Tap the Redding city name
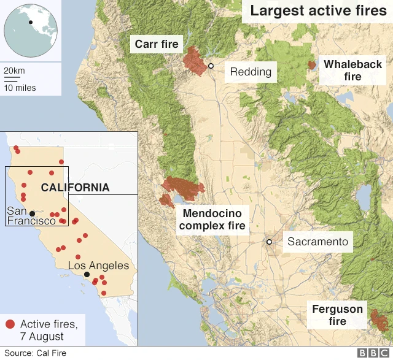[x=251, y=72]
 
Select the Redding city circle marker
[x=211, y=66]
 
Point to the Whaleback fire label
[x=352, y=71]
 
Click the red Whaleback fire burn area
[x=312, y=64]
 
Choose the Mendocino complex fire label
[x=212, y=220]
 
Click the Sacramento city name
[x=317, y=242]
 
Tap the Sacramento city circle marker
[x=269, y=242]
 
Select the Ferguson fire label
[x=337, y=315]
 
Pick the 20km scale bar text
[x=14, y=71]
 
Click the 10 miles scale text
[x=20, y=88]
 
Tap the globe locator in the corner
[x=31, y=29]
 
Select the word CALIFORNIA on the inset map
[x=75, y=187]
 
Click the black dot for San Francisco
[x=32, y=213]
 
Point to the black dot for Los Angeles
[x=87, y=275]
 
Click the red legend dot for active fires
[x=10, y=324]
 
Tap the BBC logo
[x=372, y=353]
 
